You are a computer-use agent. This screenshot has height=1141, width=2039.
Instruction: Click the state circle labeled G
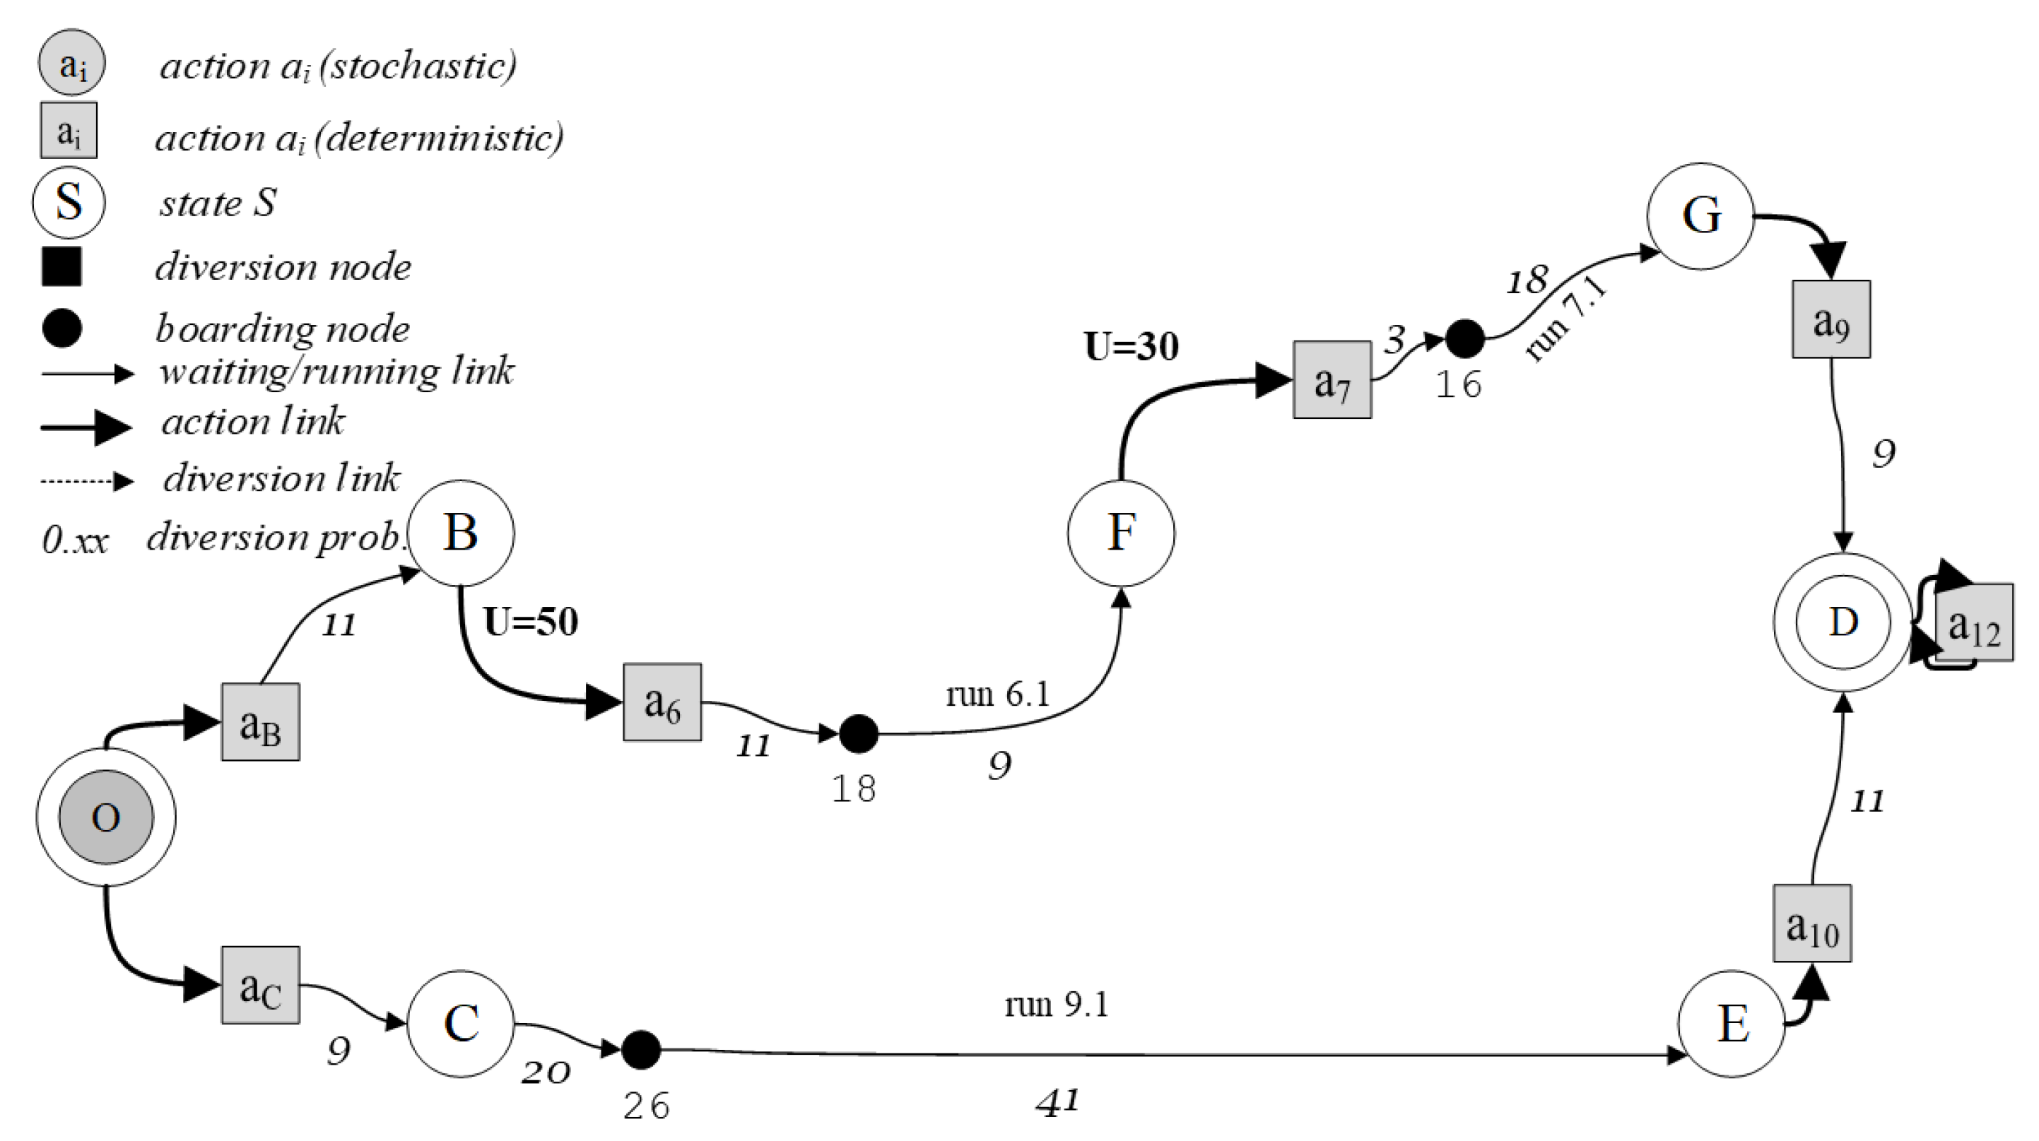click(x=1700, y=216)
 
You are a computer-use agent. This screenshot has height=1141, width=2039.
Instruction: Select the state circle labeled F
click(x=1121, y=533)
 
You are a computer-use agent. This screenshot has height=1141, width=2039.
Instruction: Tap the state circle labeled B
click(x=461, y=533)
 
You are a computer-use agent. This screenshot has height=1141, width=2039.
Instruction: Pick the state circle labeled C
click(x=461, y=1023)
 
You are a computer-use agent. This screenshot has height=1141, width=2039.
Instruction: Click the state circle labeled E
click(x=1732, y=1023)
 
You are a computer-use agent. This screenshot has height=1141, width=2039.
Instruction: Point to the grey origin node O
click(x=106, y=817)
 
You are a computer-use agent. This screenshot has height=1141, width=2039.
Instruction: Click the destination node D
click(x=1843, y=622)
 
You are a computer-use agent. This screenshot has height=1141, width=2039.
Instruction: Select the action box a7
click(x=1332, y=380)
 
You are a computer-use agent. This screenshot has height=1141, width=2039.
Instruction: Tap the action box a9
click(x=1831, y=319)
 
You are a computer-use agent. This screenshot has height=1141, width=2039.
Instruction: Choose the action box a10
click(x=1812, y=923)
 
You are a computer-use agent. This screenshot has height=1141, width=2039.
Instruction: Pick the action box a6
click(x=662, y=702)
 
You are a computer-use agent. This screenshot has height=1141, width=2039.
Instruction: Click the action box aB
click(x=259, y=721)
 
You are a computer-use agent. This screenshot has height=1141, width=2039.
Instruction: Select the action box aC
click(x=259, y=985)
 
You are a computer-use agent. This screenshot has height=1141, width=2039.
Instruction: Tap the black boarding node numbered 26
click(x=641, y=1050)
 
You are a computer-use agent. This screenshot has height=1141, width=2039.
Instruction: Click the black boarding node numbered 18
click(x=858, y=733)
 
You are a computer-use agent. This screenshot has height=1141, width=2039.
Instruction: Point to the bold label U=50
click(x=530, y=621)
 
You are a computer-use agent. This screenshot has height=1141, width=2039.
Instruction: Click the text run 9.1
click(x=1056, y=1004)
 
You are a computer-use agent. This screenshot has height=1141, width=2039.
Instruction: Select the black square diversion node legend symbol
click(x=61, y=266)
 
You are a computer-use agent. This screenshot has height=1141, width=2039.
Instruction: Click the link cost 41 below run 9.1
click(x=1057, y=1101)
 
